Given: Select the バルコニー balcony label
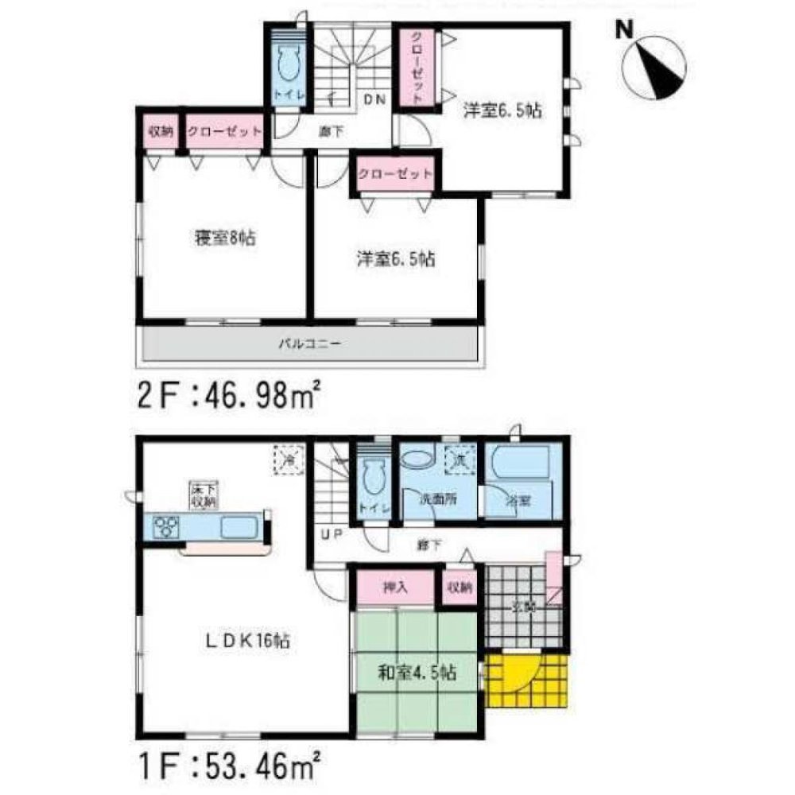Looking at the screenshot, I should pyautogui.click(x=309, y=345).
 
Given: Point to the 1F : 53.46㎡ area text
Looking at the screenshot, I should pyautogui.click(x=230, y=769).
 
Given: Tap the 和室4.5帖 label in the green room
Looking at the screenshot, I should pyautogui.click(x=417, y=673).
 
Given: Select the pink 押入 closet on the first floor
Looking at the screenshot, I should pyautogui.click(x=395, y=589).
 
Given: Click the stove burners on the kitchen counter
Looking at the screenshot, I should pyautogui.click(x=168, y=525).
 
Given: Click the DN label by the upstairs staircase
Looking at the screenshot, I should pyautogui.click(x=374, y=99).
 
